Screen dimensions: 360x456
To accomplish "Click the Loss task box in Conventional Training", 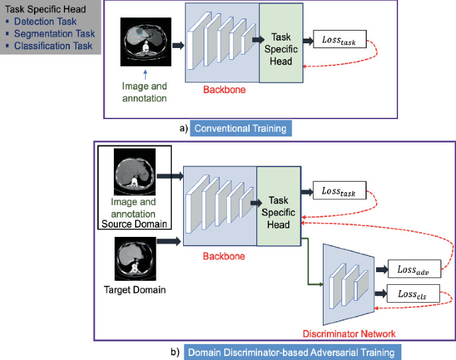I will tap(341, 41).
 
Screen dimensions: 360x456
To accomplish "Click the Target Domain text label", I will tap(135, 289).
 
